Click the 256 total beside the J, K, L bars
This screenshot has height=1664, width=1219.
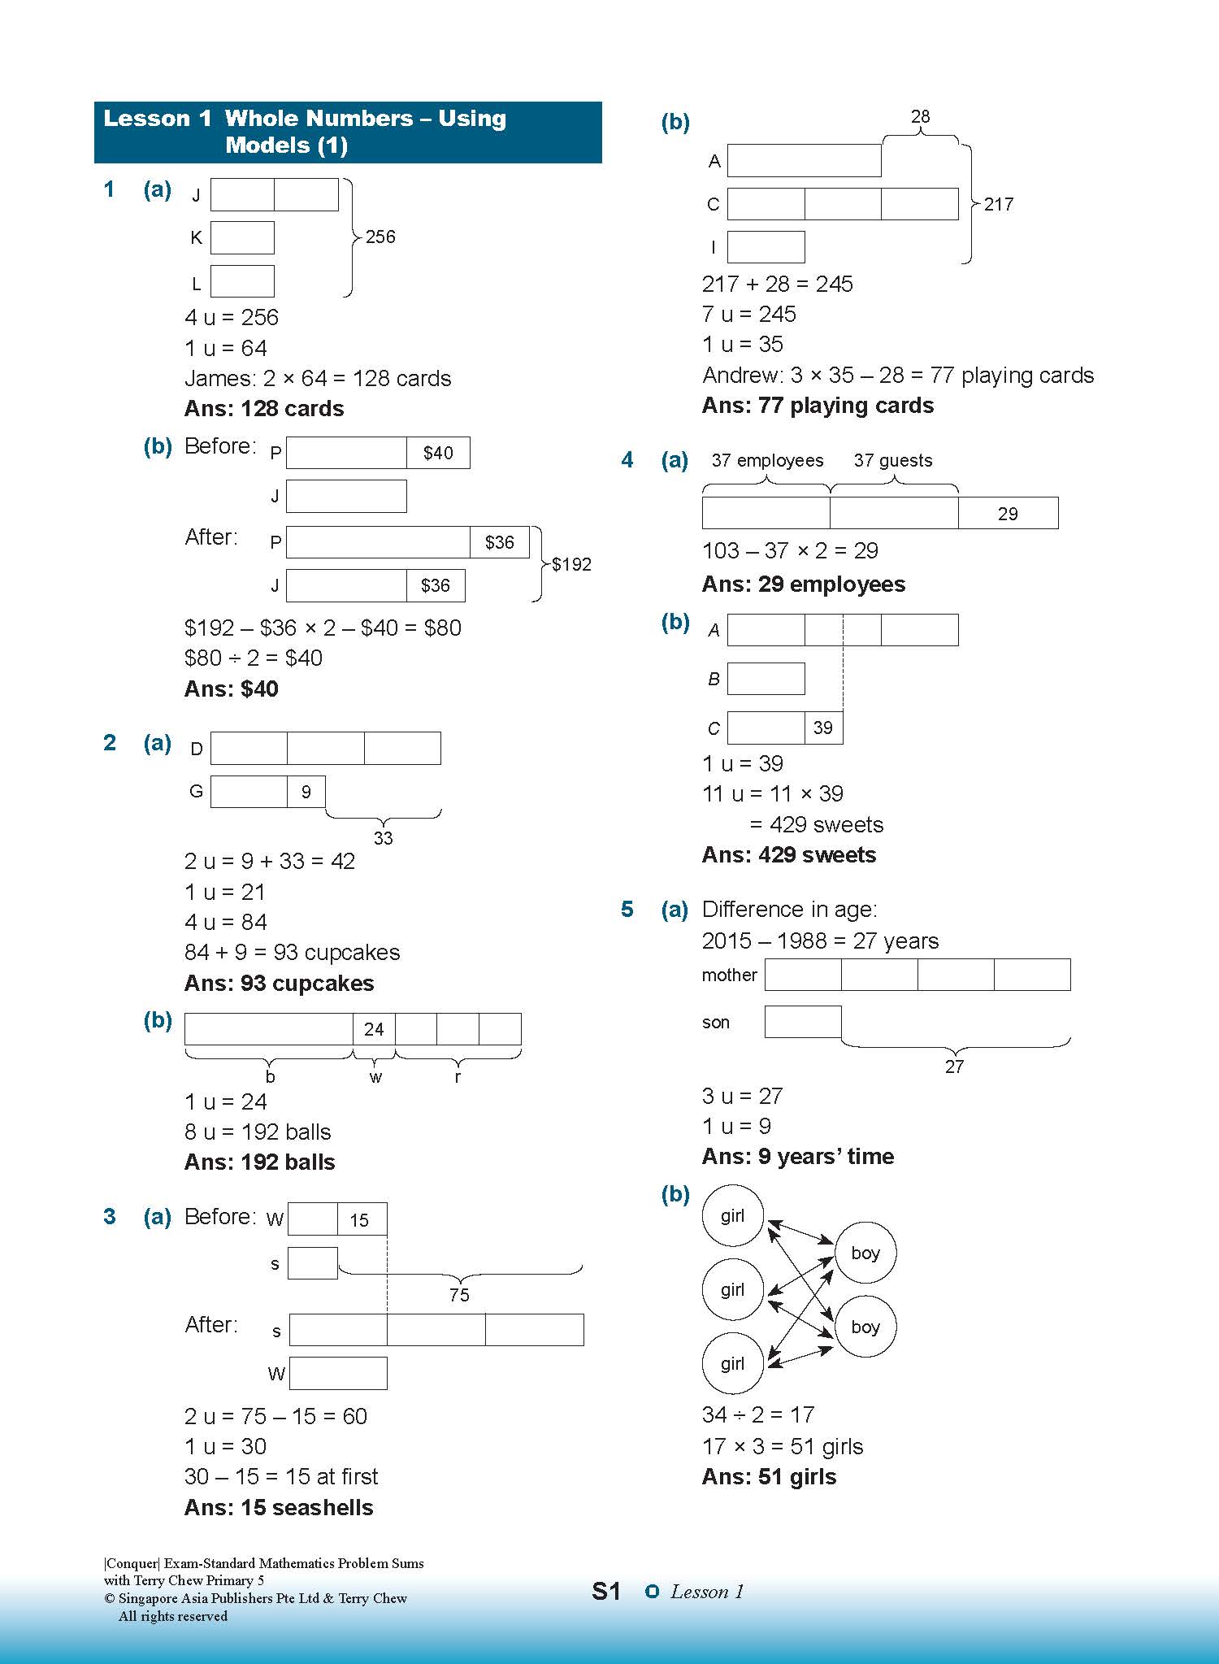pyautogui.click(x=380, y=237)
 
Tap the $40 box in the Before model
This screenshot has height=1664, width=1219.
pyautogui.click(x=438, y=453)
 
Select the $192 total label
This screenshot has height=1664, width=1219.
pyautogui.click(x=571, y=564)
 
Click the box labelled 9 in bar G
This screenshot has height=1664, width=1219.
pyautogui.click(x=306, y=792)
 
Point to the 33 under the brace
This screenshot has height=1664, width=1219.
pyautogui.click(x=383, y=838)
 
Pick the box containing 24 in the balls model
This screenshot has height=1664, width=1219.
pyautogui.click(x=374, y=1029)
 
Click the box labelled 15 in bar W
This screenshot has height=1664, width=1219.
pyautogui.click(x=362, y=1219)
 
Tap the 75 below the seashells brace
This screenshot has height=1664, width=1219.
pyautogui.click(x=459, y=1295)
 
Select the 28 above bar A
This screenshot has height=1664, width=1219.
pyautogui.click(x=920, y=116)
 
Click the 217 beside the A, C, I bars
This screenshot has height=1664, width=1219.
pyautogui.click(x=999, y=204)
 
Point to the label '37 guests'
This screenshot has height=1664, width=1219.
pyautogui.click(x=892, y=460)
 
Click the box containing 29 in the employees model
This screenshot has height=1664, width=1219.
pyautogui.click(x=1008, y=513)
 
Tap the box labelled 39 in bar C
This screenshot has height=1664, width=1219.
pyautogui.click(x=823, y=728)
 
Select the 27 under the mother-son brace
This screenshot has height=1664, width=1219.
pyautogui.click(x=954, y=1067)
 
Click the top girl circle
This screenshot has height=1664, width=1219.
pyautogui.click(x=733, y=1216)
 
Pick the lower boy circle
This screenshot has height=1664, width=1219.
pyautogui.click(x=865, y=1327)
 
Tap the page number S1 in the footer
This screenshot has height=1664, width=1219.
pyautogui.click(x=606, y=1591)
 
